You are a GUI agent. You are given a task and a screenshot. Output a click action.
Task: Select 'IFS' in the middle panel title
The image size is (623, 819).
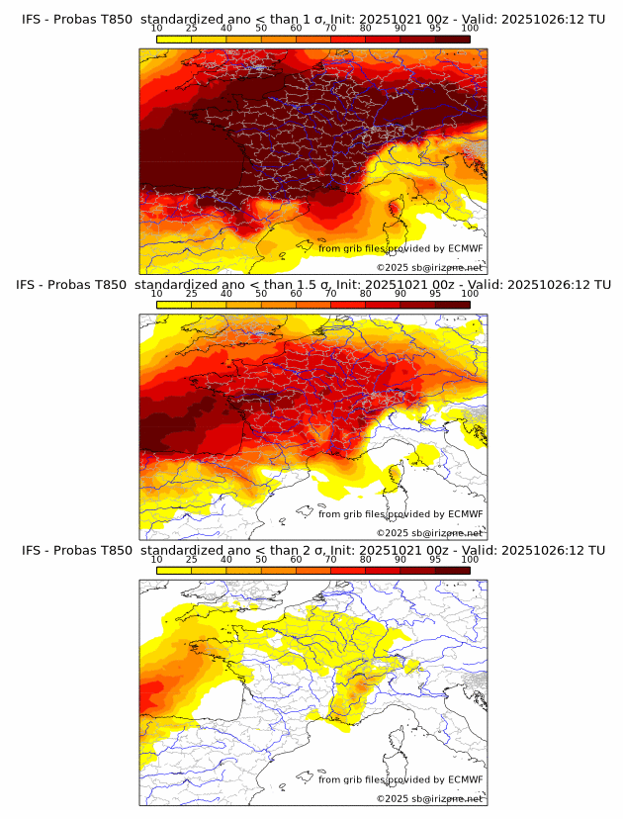[28, 285]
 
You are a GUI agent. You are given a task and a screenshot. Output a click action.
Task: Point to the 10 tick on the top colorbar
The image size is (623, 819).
[157, 28]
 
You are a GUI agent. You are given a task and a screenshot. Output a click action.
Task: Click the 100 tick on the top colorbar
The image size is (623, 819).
[470, 28]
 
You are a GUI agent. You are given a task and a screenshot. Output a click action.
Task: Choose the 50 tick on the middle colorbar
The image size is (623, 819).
[261, 294]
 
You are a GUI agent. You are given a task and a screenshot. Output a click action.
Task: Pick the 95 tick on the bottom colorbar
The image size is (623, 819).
[435, 559]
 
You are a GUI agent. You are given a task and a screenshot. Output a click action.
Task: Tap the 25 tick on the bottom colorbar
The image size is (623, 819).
[192, 559]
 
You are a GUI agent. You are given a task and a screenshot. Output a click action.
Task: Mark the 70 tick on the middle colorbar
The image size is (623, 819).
[330, 294]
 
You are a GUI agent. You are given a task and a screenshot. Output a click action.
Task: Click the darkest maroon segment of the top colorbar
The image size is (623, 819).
[452, 38]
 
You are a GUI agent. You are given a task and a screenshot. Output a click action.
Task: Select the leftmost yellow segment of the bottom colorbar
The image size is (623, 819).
[174, 570]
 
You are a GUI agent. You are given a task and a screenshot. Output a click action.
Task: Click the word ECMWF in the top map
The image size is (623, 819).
[465, 248]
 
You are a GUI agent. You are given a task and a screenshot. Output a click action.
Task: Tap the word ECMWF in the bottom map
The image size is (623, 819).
[465, 779]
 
